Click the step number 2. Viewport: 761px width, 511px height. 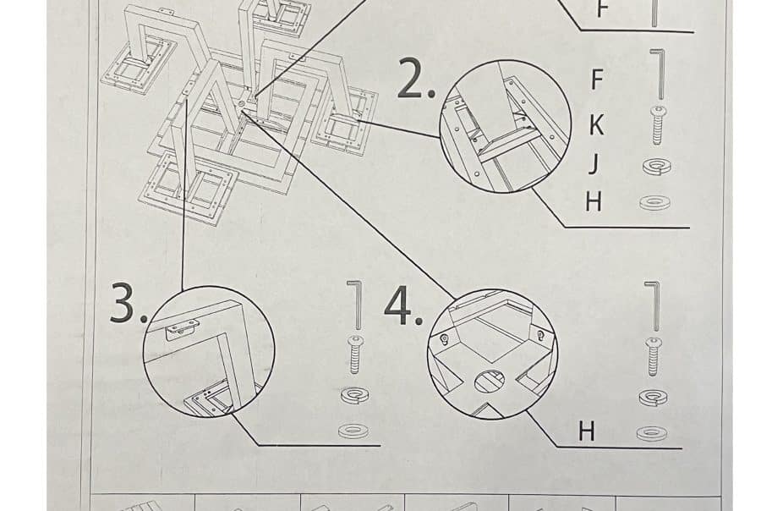(415, 78)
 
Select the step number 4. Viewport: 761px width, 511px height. (402, 305)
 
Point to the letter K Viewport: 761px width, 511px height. (597, 125)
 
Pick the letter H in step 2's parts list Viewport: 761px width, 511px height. (593, 201)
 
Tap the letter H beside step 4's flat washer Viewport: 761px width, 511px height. (586, 431)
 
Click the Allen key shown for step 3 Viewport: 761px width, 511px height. (356, 304)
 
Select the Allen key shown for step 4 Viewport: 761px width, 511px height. (654, 306)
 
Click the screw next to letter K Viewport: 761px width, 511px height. (658, 125)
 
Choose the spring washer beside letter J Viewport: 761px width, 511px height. (657, 168)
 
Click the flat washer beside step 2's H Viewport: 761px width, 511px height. (655, 202)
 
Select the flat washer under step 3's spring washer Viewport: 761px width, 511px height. (353, 431)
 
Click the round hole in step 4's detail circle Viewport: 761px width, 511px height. (490, 381)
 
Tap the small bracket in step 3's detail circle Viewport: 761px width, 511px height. (182, 330)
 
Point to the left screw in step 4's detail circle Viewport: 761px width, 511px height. (443, 339)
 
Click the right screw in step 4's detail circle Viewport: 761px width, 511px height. (540, 335)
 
